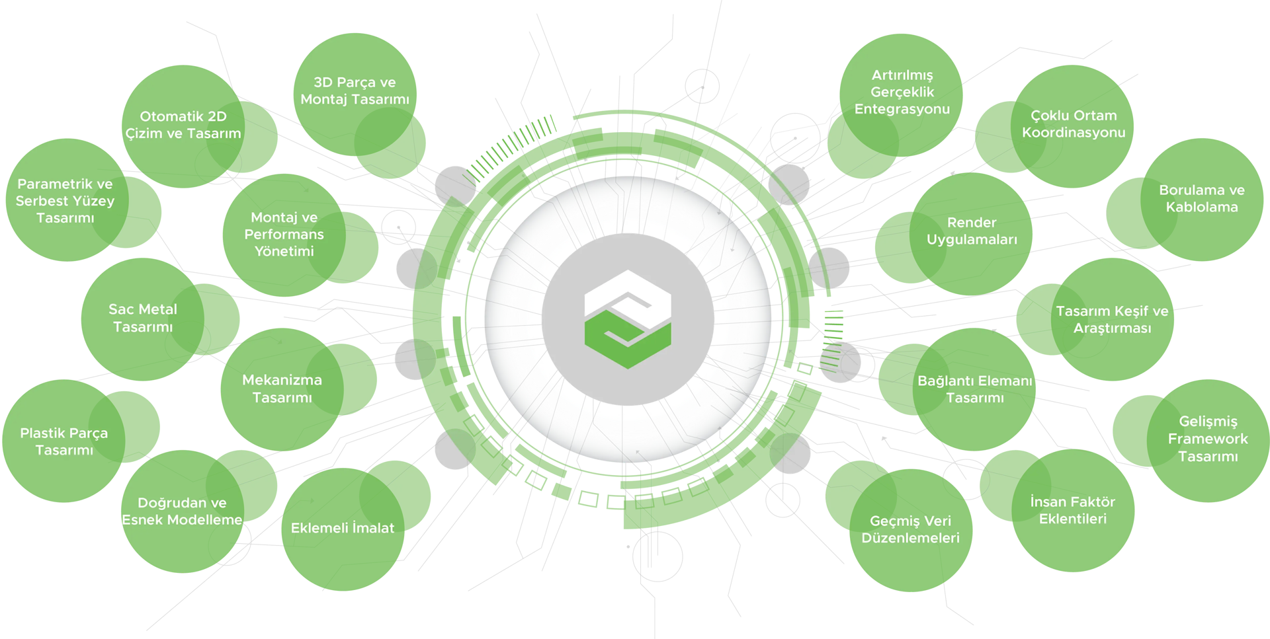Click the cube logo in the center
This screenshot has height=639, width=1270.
click(x=628, y=319)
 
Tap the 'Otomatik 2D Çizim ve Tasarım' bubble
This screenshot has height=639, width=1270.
click(x=183, y=125)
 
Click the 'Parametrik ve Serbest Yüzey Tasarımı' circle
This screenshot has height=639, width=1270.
click(x=65, y=200)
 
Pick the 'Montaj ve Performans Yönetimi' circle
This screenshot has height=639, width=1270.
click(x=284, y=234)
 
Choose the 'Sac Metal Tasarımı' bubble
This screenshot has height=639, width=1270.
click(x=142, y=318)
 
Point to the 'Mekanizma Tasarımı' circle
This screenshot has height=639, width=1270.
click(x=282, y=389)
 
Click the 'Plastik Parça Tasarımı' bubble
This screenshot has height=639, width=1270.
click(x=63, y=441)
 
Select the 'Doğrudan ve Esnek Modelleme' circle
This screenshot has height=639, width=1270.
click(x=182, y=511)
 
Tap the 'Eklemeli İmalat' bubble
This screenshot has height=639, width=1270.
click(x=342, y=528)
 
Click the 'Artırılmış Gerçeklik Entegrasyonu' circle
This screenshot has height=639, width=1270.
click(x=902, y=93)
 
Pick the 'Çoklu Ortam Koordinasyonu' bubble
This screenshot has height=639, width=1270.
click(x=1073, y=124)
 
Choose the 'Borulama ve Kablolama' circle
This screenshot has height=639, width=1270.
click(x=1201, y=198)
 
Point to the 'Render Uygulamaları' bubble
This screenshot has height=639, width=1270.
click(x=971, y=231)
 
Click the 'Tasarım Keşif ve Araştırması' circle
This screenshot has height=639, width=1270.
click(x=1112, y=319)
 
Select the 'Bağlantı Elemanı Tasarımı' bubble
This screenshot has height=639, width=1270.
click(x=974, y=389)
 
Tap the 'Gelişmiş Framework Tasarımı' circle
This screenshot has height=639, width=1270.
click(x=1208, y=439)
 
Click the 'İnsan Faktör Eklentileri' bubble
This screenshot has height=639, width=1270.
click(x=1072, y=510)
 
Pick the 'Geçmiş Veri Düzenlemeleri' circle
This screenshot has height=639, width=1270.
click(x=910, y=529)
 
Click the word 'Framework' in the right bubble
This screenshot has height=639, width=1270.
click(x=1208, y=439)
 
